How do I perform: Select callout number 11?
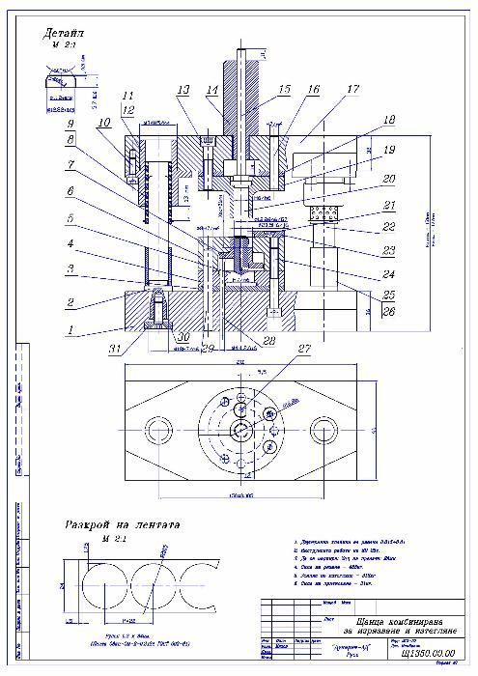(x=128, y=96)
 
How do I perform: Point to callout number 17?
(x=351, y=90)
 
